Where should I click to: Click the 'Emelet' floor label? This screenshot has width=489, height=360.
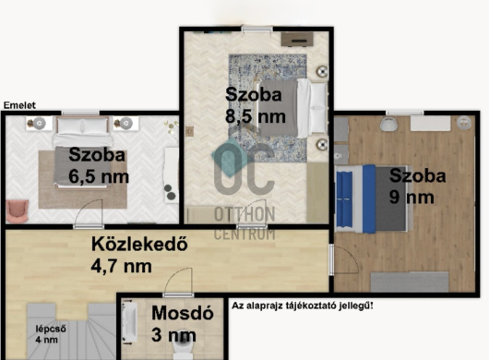(19, 105)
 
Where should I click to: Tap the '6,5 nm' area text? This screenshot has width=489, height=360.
(99, 176)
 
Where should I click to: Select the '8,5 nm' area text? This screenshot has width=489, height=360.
(256, 116)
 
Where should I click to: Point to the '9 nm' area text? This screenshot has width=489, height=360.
(411, 198)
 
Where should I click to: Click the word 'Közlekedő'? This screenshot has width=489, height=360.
(139, 244)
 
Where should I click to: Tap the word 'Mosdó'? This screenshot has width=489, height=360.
(183, 313)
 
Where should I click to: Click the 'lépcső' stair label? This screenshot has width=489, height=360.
(51, 330)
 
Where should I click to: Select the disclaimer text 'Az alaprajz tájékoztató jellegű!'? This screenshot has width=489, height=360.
(303, 306)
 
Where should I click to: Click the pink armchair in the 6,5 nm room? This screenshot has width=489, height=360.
(18, 211)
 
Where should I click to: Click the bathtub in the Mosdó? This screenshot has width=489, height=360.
(129, 321)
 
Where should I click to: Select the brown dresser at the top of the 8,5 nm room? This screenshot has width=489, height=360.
(297, 39)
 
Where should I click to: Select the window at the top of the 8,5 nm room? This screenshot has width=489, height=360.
(257, 29)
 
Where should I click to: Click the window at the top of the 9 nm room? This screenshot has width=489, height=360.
(405, 113)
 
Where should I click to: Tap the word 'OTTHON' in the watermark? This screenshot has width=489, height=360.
(244, 214)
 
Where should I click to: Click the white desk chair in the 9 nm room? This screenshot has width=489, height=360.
(388, 124)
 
